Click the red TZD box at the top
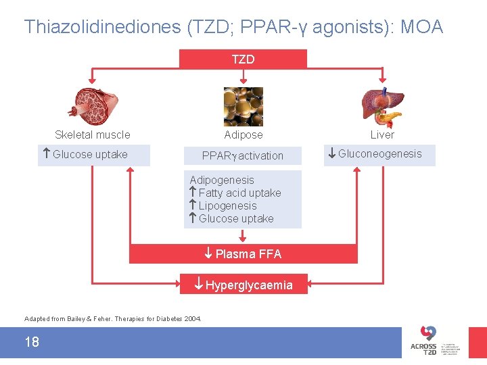(243, 59)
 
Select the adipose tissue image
(243, 106)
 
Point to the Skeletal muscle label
(92, 135)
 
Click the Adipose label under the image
(243, 135)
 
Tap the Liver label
(382, 135)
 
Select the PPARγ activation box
(243, 155)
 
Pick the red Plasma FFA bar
(243, 254)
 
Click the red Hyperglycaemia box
(243, 285)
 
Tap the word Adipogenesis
(222, 180)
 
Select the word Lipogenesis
(227, 205)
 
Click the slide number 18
(32, 342)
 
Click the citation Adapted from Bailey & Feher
(112, 318)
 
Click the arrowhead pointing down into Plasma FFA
(243, 237)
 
